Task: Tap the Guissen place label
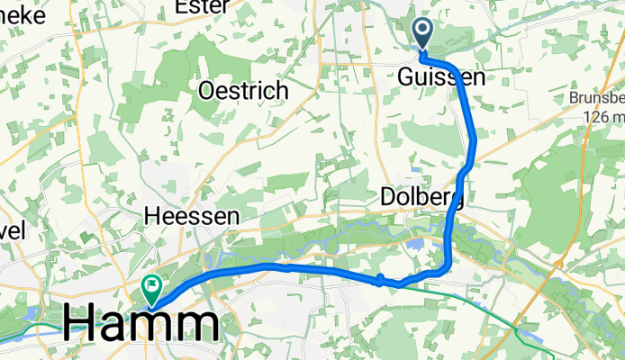coord(440,78)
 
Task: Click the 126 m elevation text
coord(602,118)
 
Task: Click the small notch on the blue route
coord(381,278)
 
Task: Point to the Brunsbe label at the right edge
coord(597,98)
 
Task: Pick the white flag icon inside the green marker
coord(151,287)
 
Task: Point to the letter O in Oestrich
coord(208,91)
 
